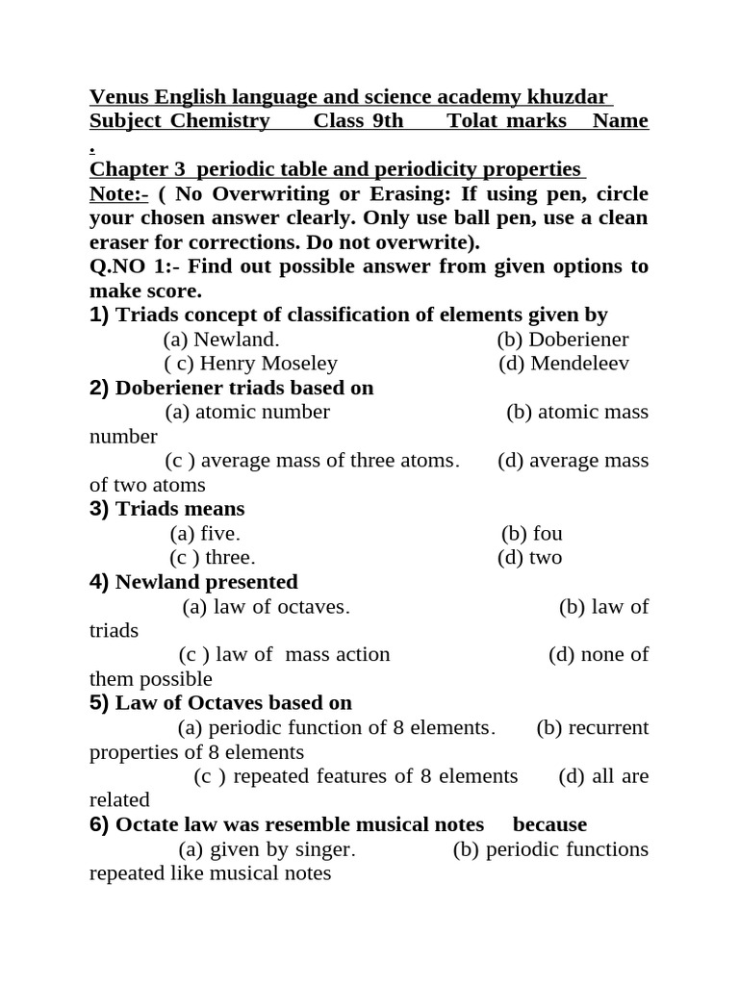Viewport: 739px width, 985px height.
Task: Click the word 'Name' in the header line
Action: (620, 121)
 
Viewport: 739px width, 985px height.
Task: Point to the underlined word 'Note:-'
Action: (119, 194)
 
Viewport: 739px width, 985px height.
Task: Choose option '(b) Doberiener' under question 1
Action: (563, 340)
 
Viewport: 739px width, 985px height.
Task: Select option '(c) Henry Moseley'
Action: (251, 364)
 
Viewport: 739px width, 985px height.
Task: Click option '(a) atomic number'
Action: (247, 413)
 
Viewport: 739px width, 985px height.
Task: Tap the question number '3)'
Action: (100, 509)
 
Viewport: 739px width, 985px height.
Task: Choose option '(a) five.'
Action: (205, 534)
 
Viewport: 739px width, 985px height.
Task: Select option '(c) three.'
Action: (213, 558)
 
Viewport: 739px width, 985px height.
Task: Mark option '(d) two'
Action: (530, 558)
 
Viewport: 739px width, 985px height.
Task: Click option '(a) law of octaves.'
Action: (266, 607)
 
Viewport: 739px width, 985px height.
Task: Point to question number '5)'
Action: (100, 703)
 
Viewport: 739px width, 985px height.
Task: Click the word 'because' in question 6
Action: (549, 825)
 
